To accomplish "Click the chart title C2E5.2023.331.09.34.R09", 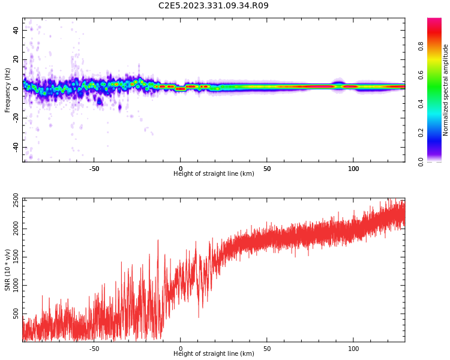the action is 214,5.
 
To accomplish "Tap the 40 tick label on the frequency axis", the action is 16,30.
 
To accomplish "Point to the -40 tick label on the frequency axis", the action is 16,148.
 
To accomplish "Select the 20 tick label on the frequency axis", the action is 16,59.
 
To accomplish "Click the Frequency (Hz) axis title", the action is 7,90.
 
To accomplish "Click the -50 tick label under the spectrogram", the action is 94,169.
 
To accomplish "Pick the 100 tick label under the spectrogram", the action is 353,169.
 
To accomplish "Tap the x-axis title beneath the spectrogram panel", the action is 214,173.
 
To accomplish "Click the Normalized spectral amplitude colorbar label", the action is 445,90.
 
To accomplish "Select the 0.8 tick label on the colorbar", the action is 421,46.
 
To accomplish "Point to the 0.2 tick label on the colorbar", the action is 421,133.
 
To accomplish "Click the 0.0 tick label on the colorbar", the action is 421,162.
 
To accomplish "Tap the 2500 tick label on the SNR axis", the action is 16,200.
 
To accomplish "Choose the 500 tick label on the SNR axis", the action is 16,313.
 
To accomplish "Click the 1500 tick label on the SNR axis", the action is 16,257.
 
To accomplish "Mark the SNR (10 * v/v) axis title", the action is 7,270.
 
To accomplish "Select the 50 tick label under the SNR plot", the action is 267,349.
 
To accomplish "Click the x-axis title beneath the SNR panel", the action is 214,353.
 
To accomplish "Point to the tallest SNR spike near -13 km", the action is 158,240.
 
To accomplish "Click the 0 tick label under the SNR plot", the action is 181,349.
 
